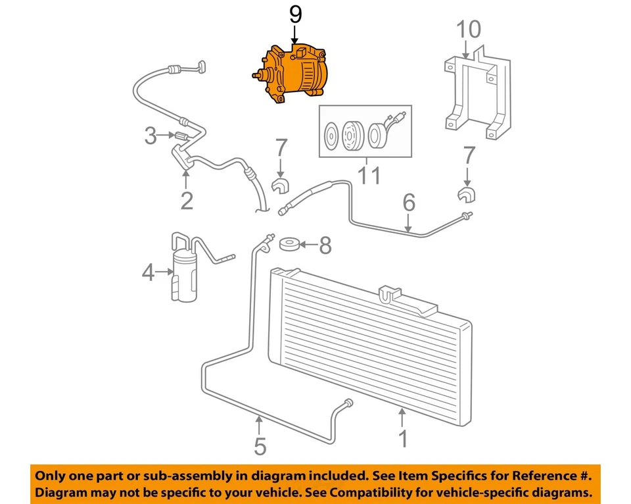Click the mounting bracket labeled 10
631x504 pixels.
point(475,95)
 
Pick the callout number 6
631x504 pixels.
point(409,203)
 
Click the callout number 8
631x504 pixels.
point(325,246)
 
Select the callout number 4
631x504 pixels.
point(148,271)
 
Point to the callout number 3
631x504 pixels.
point(151,136)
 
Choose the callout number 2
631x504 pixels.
point(187,200)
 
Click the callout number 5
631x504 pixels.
point(260,447)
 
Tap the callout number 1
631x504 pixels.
point(404,439)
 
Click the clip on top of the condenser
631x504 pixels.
point(390,294)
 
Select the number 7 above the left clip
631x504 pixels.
point(281,149)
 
